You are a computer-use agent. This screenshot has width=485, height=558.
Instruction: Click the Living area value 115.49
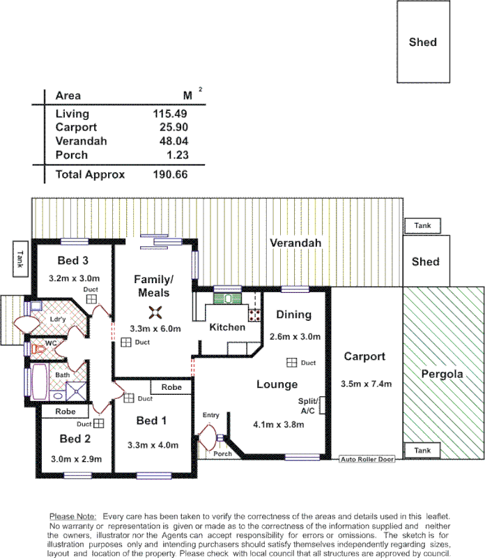pos(170,114)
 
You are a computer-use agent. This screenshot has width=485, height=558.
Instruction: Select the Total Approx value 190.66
pos(170,174)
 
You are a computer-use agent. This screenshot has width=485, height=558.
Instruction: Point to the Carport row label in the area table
pos(76,128)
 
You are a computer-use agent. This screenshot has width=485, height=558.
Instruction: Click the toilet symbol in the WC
pos(32,347)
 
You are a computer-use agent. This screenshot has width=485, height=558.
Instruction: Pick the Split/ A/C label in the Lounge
pos(308,405)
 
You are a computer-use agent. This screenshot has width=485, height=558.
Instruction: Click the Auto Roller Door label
pos(367,460)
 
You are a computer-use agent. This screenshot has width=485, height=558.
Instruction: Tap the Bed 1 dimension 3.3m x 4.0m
pos(153,445)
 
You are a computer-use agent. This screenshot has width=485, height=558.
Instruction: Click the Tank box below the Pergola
pos(422,451)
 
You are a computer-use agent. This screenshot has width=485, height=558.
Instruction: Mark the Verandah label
pos(296,243)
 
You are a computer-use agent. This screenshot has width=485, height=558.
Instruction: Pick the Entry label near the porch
pos(210,416)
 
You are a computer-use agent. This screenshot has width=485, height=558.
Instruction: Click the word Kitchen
pos(227,327)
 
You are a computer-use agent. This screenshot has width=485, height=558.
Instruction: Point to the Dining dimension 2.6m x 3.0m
pos(295,337)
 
